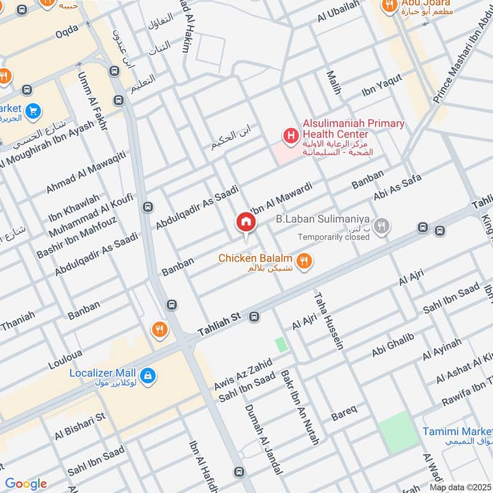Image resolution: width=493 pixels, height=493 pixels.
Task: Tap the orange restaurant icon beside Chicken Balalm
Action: coord(303,262)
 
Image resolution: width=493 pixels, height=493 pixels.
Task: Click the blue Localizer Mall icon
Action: coord(147,374)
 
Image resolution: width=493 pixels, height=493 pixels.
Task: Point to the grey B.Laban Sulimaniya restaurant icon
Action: coord(382,226)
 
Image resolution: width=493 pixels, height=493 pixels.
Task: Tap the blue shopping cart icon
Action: coord(33,112)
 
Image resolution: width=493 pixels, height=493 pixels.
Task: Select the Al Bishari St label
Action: coord(80,426)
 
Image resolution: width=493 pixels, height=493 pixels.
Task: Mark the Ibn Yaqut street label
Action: coord(382,85)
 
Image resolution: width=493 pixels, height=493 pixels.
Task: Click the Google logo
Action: coord(26,484)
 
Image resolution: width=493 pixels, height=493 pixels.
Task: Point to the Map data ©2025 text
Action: coord(460,487)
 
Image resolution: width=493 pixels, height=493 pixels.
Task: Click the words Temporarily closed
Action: coord(333,237)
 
